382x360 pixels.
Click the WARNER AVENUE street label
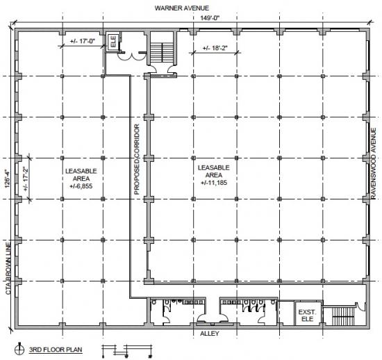point(182,8)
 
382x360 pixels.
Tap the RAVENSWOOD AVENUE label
point(373,163)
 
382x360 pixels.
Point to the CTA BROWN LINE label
point(8,268)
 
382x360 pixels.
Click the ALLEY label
point(210,334)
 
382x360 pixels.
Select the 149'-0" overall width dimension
point(210,18)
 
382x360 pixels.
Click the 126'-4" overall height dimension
point(8,179)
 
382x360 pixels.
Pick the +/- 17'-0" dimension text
point(83,41)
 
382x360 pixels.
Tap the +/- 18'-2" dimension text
point(215,48)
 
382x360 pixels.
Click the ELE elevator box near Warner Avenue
point(113,42)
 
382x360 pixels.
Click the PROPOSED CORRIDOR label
point(137,159)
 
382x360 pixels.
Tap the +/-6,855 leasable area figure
point(81,186)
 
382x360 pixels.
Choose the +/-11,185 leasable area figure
point(214,183)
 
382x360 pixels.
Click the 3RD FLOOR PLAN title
point(56,350)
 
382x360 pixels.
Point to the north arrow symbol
point(19,350)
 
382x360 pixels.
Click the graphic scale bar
point(127,351)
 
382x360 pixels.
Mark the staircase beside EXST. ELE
point(344,316)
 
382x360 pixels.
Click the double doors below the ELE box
point(131,56)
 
